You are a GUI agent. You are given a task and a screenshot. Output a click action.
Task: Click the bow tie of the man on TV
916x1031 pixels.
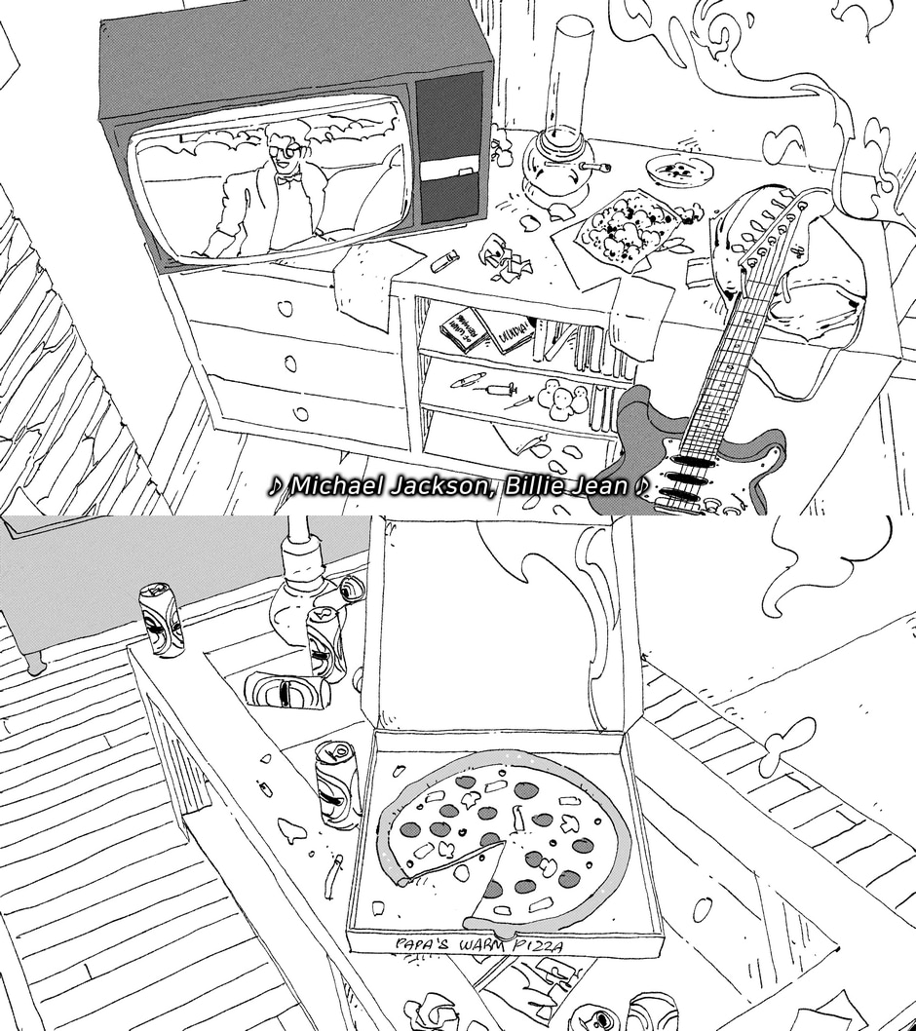click(x=286, y=179)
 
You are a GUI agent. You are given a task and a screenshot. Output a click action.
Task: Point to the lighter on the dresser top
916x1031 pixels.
click(x=444, y=260)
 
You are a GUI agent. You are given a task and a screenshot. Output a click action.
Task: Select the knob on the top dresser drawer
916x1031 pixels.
click(x=285, y=310)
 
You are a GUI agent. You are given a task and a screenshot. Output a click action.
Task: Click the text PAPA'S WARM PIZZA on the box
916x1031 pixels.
click(x=478, y=944)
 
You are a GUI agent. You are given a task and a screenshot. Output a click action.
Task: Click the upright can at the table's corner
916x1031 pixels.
click(x=161, y=621)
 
